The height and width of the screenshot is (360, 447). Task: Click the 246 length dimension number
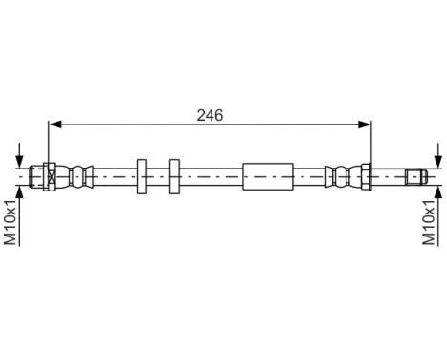(210, 114)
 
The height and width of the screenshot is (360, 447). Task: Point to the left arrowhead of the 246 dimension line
(54, 123)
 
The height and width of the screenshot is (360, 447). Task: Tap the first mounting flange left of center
(141, 176)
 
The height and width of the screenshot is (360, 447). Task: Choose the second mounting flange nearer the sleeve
(173, 176)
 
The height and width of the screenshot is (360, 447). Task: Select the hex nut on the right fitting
(366, 176)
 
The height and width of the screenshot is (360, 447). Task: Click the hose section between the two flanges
(157, 176)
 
